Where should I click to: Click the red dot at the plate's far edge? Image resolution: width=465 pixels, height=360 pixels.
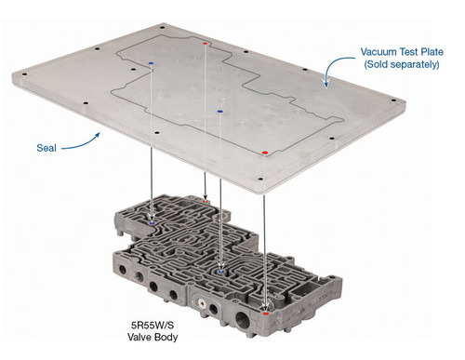(205, 43)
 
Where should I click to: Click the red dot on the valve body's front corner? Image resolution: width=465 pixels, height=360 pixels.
(267, 314)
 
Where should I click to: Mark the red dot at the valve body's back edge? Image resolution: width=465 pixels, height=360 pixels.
(206, 198)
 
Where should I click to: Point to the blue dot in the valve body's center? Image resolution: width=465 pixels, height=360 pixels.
(219, 271)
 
